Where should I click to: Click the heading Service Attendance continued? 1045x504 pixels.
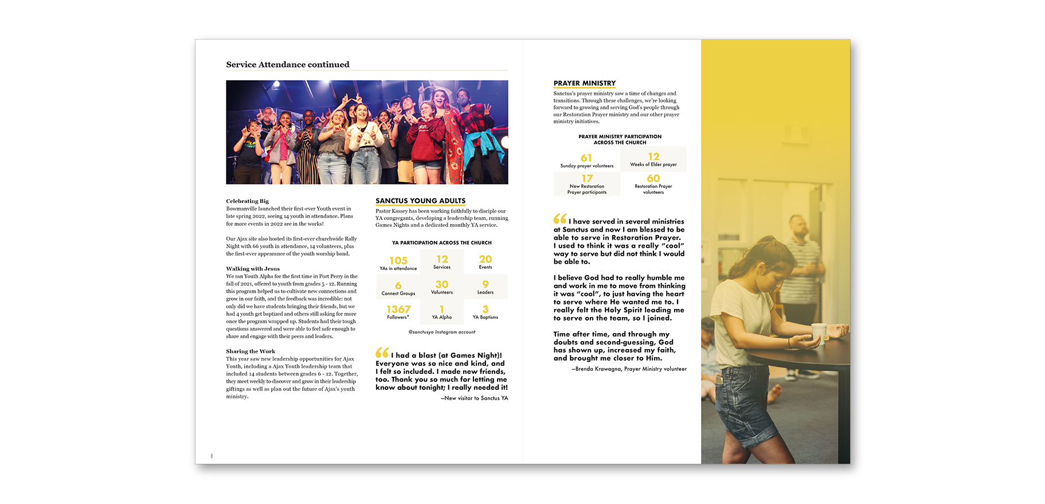tap(287, 65)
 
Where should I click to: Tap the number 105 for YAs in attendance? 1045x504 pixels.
tap(398, 260)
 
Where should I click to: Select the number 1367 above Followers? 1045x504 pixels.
tap(398, 309)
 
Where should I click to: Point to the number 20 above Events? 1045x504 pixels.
tap(486, 259)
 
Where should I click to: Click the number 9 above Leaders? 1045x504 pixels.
tap(486, 284)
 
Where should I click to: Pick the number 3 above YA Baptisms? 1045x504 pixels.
tap(486, 309)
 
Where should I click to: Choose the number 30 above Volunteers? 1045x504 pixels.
tap(442, 284)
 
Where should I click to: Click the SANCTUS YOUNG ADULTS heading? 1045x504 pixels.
tap(420, 201)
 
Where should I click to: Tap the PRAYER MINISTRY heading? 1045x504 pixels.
tap(584, 83)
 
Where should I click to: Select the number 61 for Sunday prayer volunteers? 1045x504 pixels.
tap(586, 158)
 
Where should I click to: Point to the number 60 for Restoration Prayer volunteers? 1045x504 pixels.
tap(653, 178)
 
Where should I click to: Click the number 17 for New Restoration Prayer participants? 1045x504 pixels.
tap(587, 178)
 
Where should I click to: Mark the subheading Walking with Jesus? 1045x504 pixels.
tap(253, 268)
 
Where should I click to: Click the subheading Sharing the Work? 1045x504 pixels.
tap(251, 351)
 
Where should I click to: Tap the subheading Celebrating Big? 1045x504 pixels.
tap(247, 201)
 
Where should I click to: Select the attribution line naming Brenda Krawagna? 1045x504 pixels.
tap(629, 369)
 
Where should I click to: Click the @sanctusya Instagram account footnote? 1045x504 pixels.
tap(441, 332)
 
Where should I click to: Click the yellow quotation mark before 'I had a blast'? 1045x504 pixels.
tap(382, 353)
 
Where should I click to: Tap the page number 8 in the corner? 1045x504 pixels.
tap(212, 456)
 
